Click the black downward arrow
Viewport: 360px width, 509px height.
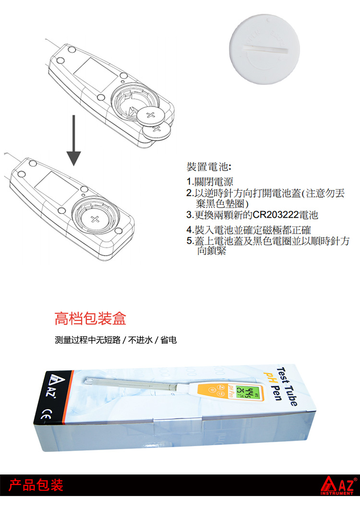pos(74,140)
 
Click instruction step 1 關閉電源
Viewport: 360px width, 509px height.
pos(210,182)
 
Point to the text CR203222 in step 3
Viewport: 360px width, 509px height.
pos(276,215)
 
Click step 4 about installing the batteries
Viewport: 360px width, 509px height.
pos(249,230)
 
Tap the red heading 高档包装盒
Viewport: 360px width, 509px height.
pos(90,319)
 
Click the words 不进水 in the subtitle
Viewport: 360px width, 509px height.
pos(140,340)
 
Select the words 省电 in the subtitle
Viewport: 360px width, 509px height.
pos(168,340)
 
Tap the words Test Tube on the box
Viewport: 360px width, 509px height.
pos(287,386)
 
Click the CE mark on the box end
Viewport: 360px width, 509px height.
pos(46,414)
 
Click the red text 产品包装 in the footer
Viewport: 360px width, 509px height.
pos(36,485)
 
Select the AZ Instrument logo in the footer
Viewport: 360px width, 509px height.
pos(338,485)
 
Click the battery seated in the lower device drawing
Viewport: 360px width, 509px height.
pos(95,219)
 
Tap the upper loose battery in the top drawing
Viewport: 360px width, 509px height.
pos(150,115)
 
